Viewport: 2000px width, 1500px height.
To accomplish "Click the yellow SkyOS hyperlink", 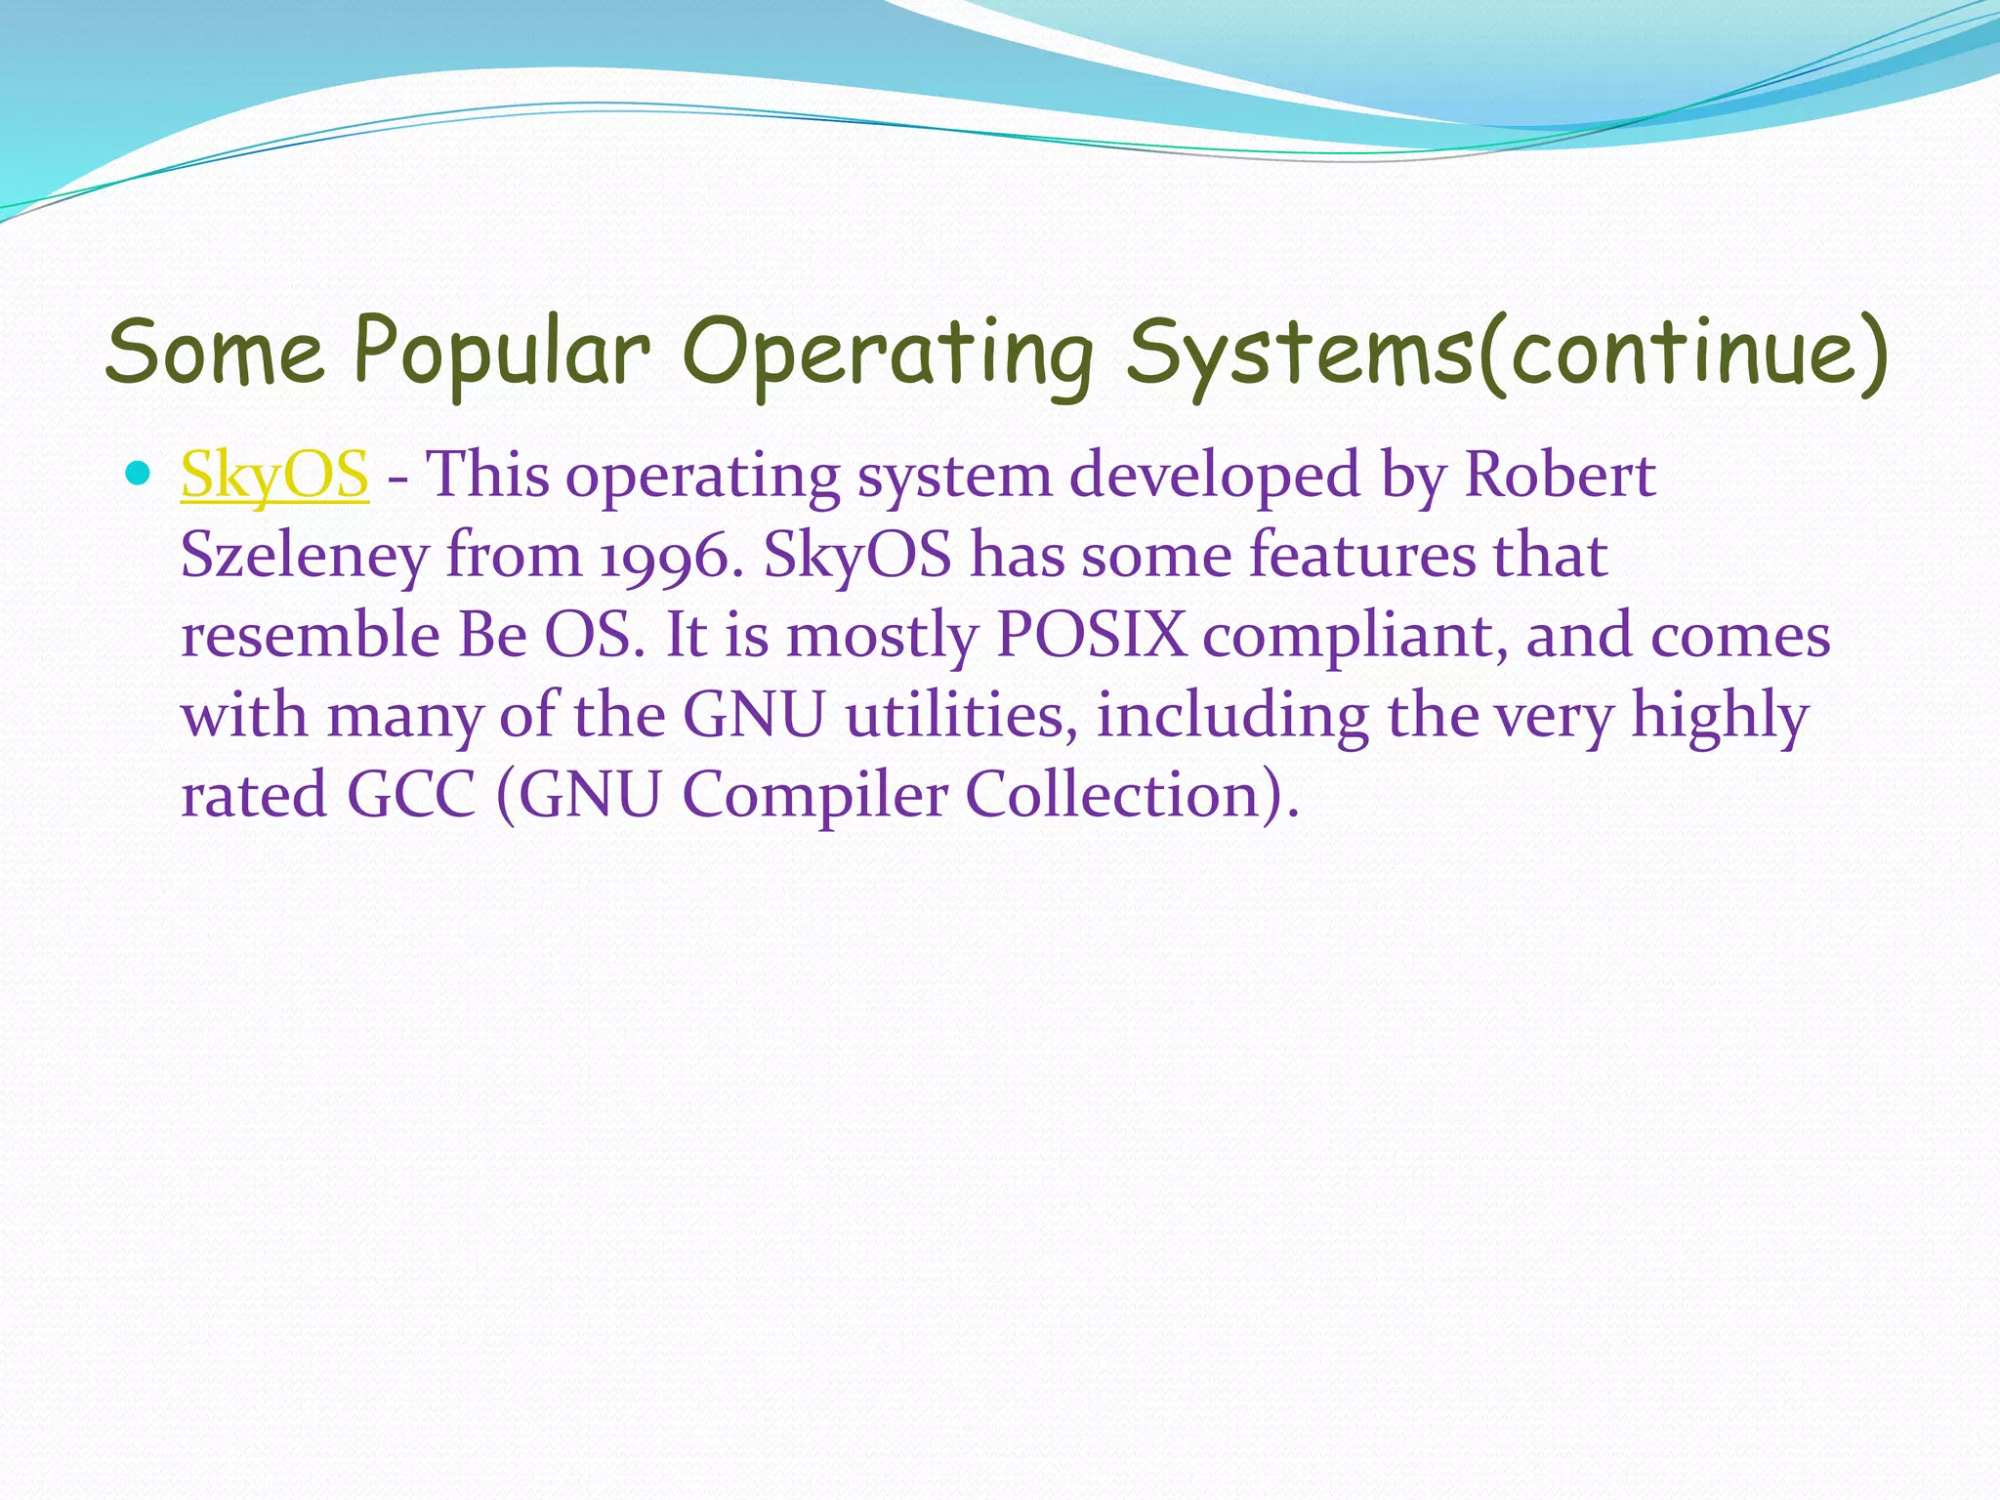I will (x=274, y=476).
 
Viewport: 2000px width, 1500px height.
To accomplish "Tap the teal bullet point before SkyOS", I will (x=139, y=475).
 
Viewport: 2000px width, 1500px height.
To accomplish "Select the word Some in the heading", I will (x=214, y=352).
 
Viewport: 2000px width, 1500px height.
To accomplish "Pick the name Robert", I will (x=1560, y=476).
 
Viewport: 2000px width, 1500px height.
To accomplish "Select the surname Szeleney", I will (x=305, y=557).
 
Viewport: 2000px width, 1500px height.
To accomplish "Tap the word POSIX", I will (x=1091, y=636).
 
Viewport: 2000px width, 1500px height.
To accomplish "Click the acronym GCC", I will (x=411, y=795).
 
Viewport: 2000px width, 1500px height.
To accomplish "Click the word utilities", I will (x=962, y=715).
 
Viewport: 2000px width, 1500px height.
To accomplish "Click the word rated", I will (x=254, y=795).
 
